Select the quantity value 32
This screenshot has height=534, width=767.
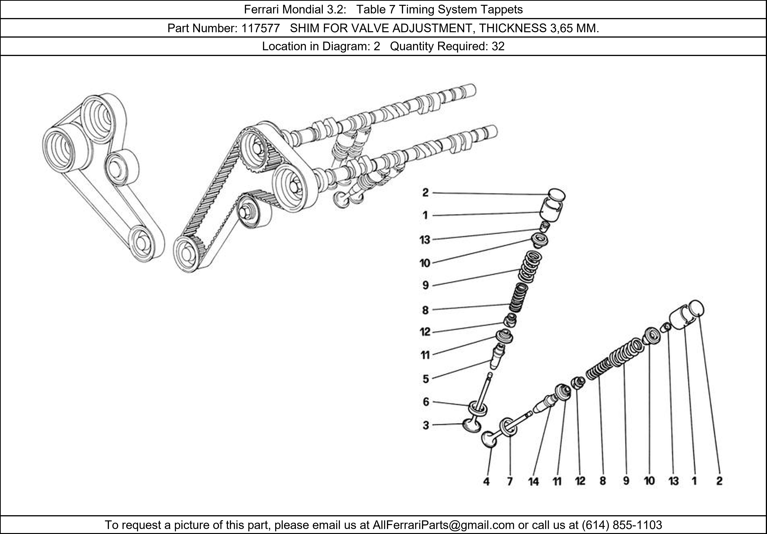[x=498, y=46]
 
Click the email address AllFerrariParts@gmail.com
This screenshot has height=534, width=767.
[x=443, y=525]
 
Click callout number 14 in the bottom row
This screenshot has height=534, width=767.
[x=533, y=481]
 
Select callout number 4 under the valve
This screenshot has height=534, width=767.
[x=486, y=481]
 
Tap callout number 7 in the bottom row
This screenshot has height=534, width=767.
[x=510, y=481]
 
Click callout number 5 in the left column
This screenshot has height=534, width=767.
[x=426, y=379]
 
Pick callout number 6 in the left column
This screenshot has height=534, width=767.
[x=426, y=402]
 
